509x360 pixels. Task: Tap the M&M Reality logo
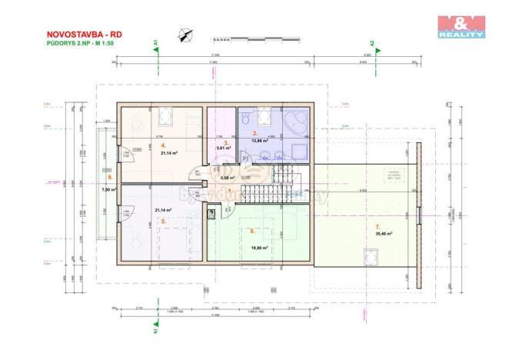click(461, 26)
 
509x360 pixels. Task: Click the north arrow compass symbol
click(185, 33)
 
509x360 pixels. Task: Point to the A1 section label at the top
click(155, 45)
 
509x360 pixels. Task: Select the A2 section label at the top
click(372, 45)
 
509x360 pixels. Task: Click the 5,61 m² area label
click(224, 148)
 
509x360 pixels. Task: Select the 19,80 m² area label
click(256, 247)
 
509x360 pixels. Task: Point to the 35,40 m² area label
click(384, 234)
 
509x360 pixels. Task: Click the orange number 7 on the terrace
click(377, 225)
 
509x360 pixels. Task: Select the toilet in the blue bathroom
click(244, 119)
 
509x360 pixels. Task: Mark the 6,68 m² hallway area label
click(227, 178)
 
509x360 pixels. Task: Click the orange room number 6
click(251, 230)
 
